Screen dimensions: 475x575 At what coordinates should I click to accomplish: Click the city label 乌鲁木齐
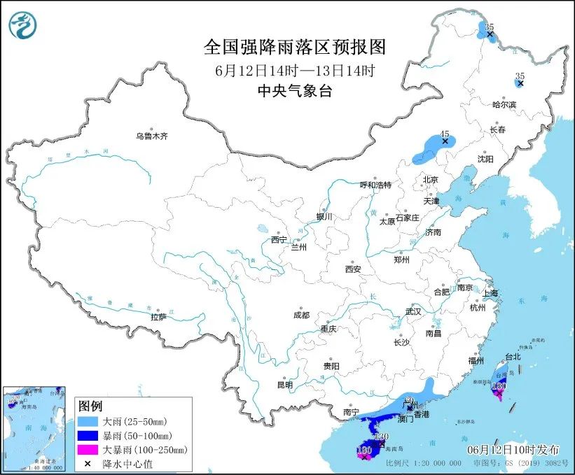pyautogui.click(x=151, y=136)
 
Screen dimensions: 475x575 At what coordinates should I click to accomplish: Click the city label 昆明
pyautogui.click(x=284, y=385)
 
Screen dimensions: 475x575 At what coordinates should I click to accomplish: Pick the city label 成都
pyautogui.click(x=302, y=315)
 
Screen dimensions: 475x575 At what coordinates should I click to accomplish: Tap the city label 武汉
pyautogui.click(x=413, y=311)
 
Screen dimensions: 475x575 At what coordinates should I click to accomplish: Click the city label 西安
pyautogui.click(x=352, y=269)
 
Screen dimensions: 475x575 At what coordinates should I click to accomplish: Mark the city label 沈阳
pyautogui.click(x=485, y=159)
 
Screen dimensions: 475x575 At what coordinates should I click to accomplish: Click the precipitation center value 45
pyautogui.click(x=444, y=134)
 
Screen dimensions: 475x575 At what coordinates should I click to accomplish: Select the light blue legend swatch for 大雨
pyautogui.click(x=88, y=423)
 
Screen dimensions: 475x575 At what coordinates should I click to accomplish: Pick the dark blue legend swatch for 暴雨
pyautogui.click(x=88, y=436)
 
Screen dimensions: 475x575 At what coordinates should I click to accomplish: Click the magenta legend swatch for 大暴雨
pyautogui.click(x=88, y=450)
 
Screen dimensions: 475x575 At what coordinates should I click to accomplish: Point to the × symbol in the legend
pyautogui.click(x=88, y=463)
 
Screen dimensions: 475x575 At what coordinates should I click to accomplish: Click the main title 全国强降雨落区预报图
pyautogui.click(x=294, y=46)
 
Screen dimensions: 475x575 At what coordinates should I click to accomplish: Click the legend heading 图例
pyautogui.click(x=90, y=406)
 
